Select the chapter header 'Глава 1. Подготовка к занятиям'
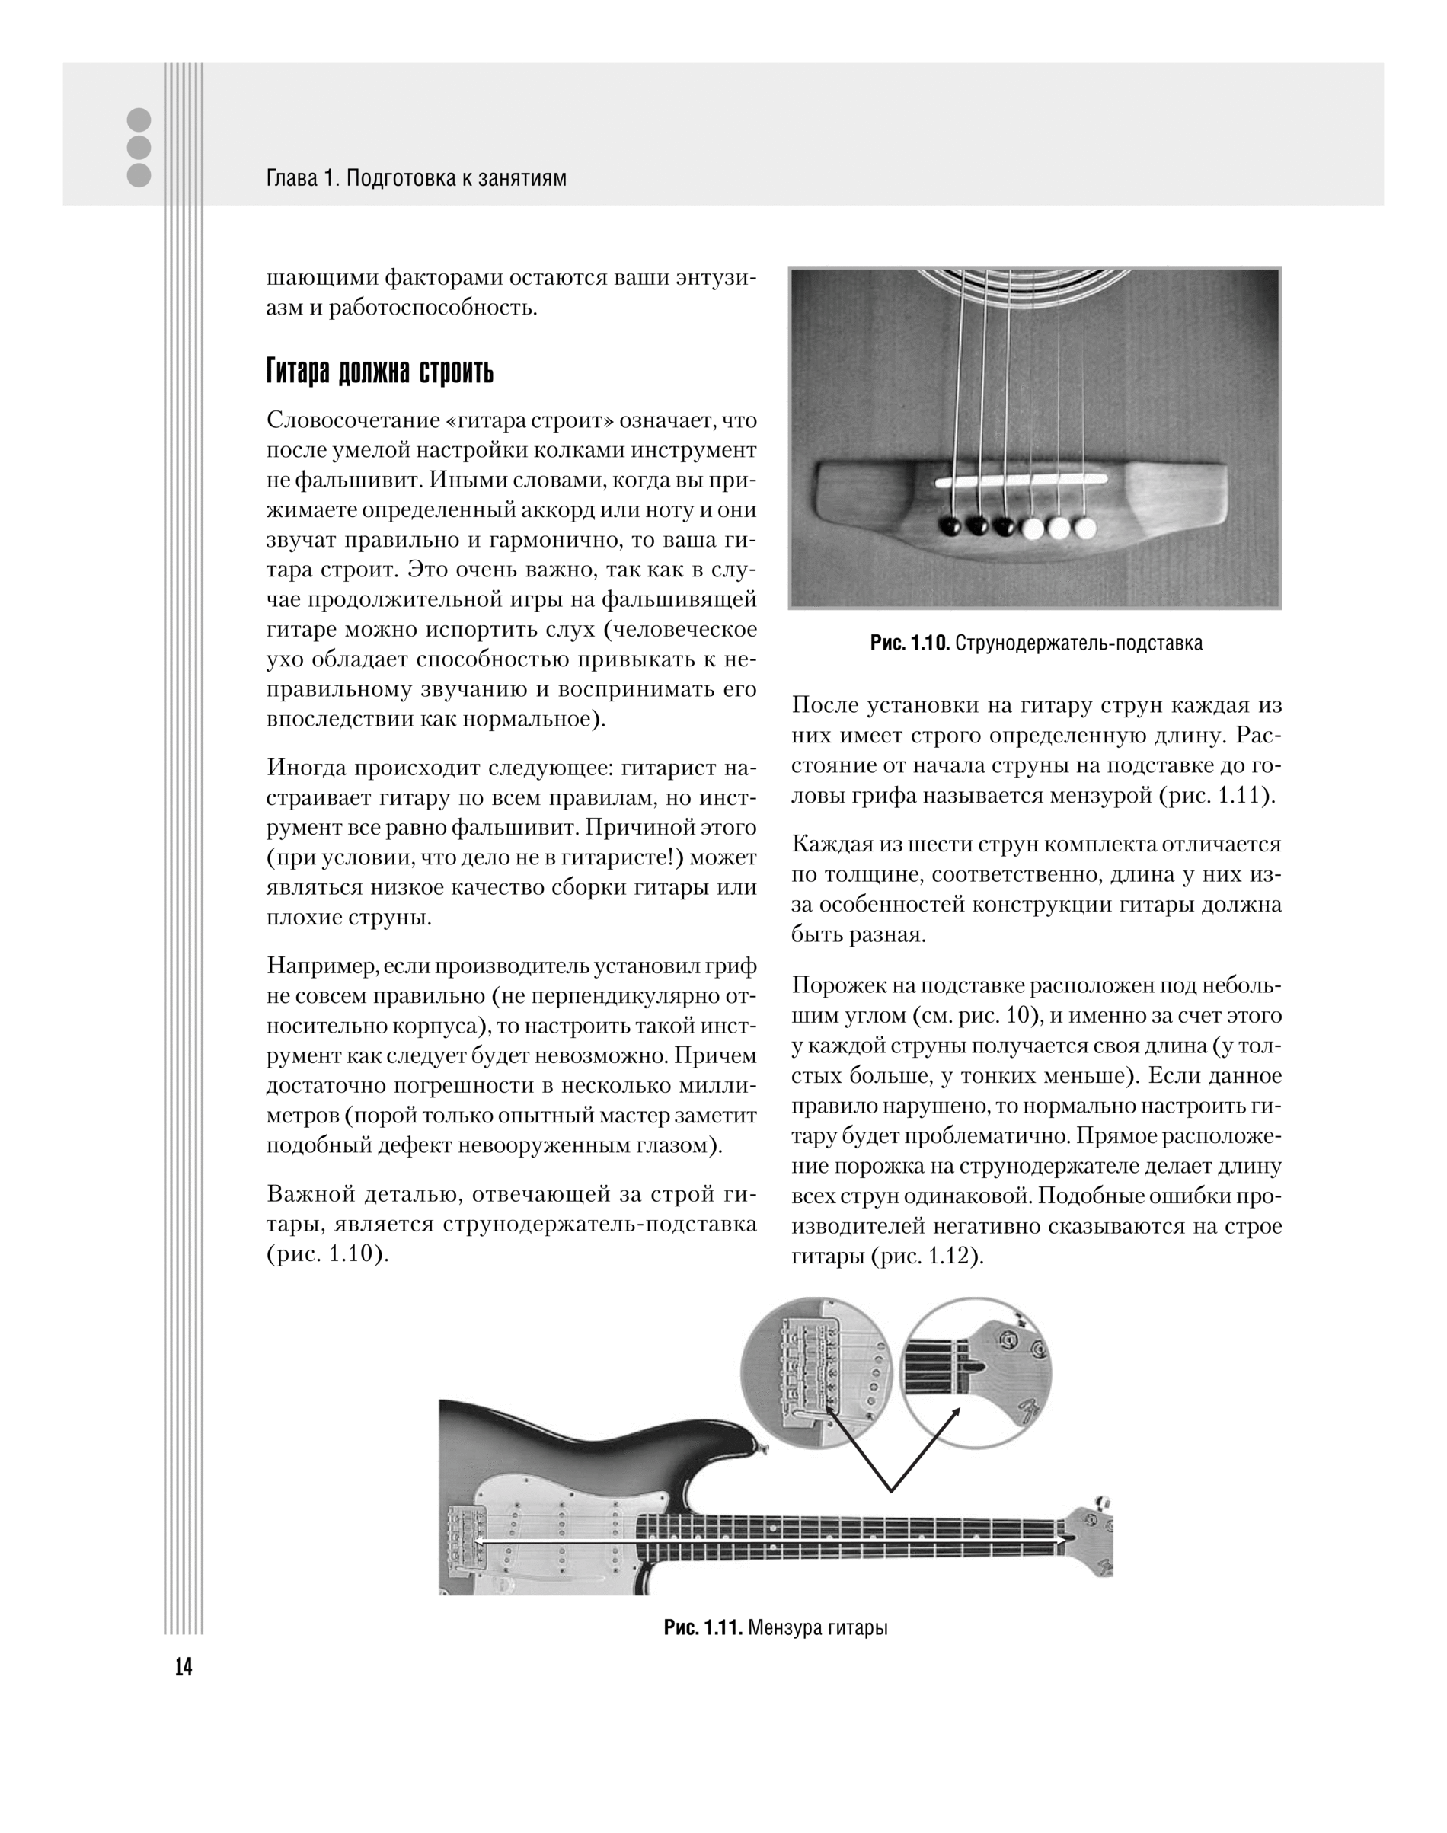(416, 179)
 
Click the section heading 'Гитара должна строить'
(379, 371)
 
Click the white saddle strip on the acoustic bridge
(1021, 481)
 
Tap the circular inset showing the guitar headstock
(974, 1371)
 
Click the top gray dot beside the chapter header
(138, 120)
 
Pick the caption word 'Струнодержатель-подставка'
(1079, 643)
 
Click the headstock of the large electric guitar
(1088, 1538)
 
